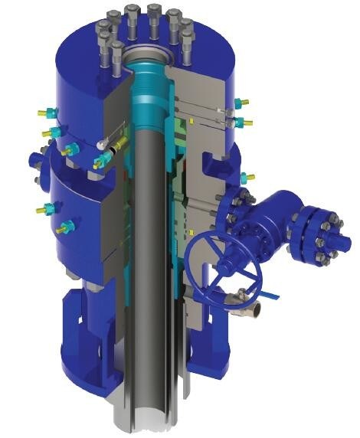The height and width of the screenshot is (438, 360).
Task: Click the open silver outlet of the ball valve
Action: tap(257, 311)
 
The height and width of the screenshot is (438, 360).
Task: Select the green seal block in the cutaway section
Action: tap(182, 123)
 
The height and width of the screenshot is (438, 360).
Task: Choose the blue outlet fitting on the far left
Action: tap(36, 162)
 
